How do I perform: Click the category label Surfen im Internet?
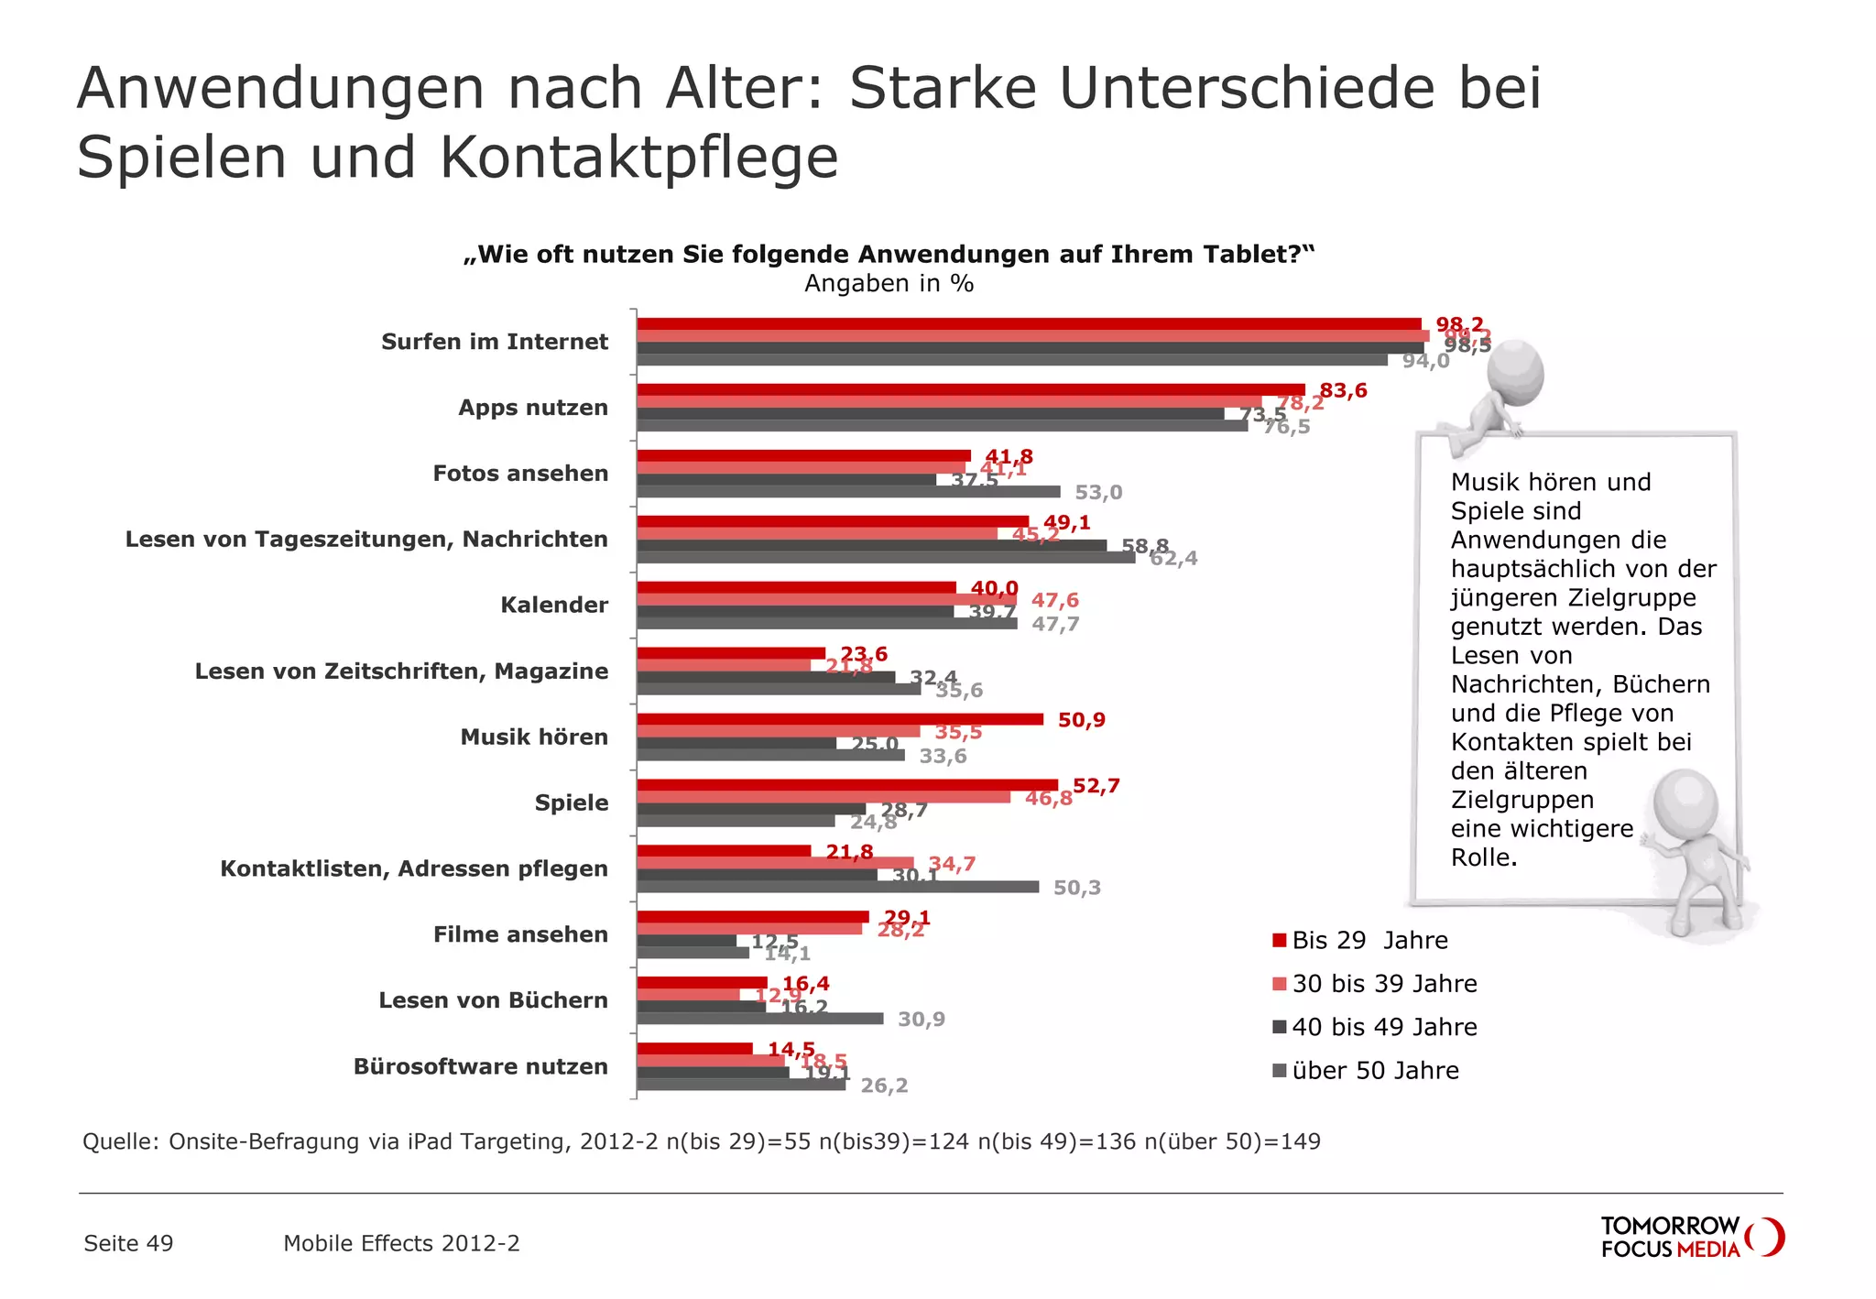[495, 342]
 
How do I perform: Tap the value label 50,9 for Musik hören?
[1081, 720]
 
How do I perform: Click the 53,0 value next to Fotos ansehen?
[1097, 493]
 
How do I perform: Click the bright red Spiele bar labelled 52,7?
[846, 785]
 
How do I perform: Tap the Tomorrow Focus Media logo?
[1691, 1238]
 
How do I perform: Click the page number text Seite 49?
[128, 1243]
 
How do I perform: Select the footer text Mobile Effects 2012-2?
[401, 1243]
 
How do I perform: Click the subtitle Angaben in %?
[889, 284]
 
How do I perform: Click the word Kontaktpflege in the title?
[639, 158]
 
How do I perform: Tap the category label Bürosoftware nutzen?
[481, 1066]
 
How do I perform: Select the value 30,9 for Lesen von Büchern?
[921, 1020]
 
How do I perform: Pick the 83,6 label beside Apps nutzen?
[1343, 391]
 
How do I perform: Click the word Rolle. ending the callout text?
[1484, 857]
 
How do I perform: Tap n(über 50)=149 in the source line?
[1232, 1141]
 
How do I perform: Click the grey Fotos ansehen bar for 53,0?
[847, 492]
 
